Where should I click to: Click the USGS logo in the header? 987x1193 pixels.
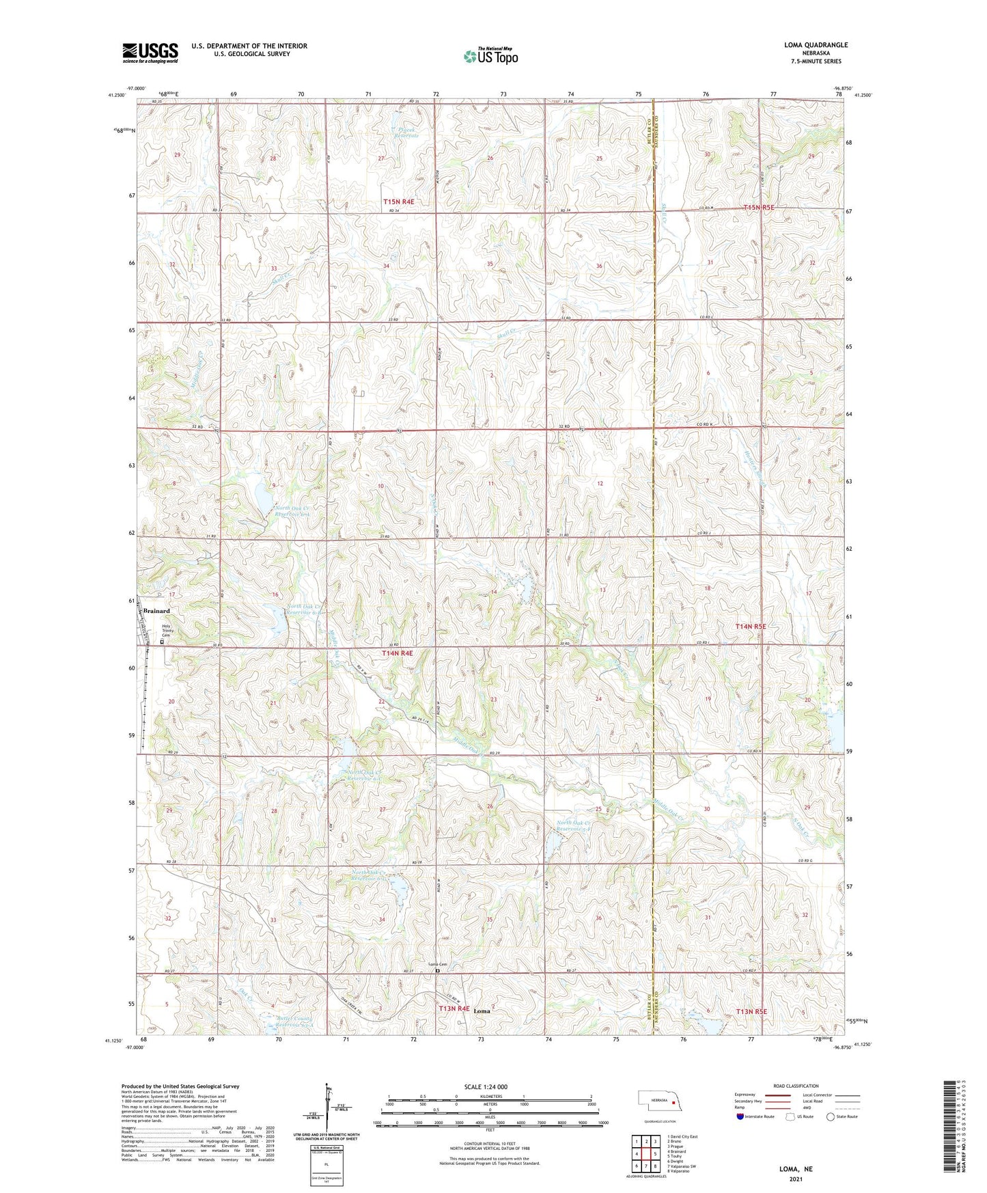(150, 52)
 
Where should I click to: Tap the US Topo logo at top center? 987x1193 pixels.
(490, 55)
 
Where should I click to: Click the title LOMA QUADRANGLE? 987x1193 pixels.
(816, 45)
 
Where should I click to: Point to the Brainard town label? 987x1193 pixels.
(156, 611)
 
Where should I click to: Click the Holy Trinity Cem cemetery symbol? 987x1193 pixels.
(162, 642)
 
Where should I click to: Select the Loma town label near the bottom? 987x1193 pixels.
(482, 1011)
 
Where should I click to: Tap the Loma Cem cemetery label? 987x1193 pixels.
(437, 964)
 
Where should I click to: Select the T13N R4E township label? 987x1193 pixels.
(454, 1009)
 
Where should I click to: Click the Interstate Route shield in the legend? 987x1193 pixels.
(740, 1116)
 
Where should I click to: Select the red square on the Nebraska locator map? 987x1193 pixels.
(673, 1101)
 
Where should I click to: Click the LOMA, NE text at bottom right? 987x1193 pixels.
(796, 1169)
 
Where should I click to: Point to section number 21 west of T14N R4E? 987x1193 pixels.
(273, 703)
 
